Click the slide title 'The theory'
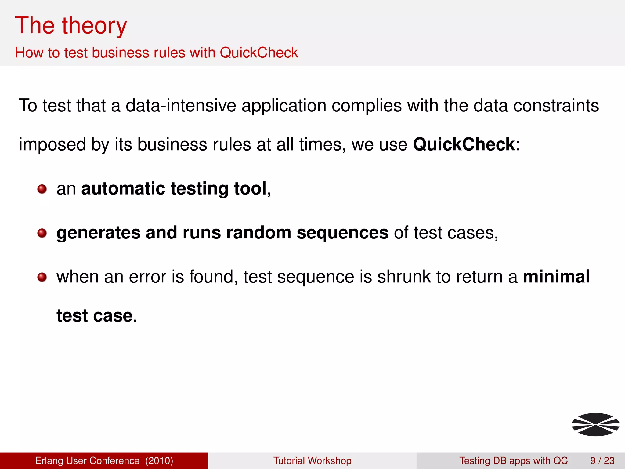[71, 26]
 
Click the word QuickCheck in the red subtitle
[258, 53]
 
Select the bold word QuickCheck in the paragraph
[464, 144]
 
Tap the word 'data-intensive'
[181, 106]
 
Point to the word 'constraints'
[556, 106]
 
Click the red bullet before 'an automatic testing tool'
[42, 189]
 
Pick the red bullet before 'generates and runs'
[42, 234]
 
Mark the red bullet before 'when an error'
[42, 278]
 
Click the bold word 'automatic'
[123, 188]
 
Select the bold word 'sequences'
[342, 233]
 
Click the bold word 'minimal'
[556, 277]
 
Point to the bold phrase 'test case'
[95, 316]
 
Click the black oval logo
[595, 424]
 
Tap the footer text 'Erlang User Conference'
[87, 460]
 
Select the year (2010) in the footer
[159, 460]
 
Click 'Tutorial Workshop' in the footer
[312, 460]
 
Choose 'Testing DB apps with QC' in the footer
[513, 460]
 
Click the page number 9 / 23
[602, 460]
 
